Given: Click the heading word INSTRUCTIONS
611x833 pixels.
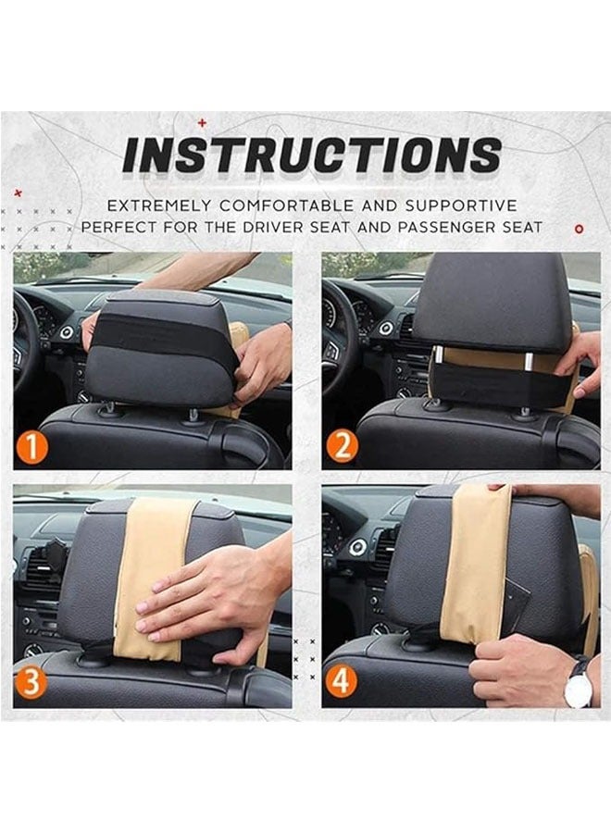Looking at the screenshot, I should point(312,155).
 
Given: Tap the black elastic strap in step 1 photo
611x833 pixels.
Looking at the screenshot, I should point(162,331).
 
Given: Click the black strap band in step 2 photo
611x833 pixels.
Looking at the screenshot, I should point(500,383).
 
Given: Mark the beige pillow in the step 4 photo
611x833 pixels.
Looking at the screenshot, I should point(478,565).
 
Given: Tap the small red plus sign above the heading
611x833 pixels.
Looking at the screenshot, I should point(202,121).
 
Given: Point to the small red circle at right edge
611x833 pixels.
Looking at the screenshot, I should point(580,227).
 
